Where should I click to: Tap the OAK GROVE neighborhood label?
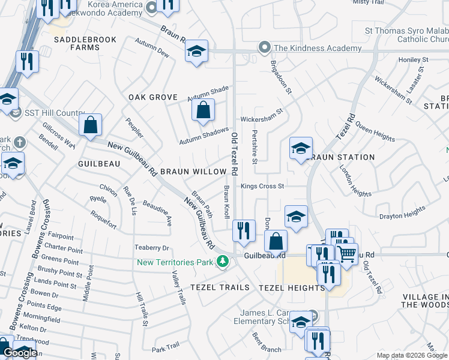tap(153, 97)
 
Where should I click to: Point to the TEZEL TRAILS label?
tap(220, 287)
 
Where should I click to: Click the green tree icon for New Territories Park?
tap(223, 262)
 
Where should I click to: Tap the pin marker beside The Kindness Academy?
tap(264, 47)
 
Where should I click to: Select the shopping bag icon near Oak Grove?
tap(203, 110)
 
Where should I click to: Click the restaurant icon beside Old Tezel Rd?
tap(243, 231)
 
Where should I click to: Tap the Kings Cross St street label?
tap(262, 187)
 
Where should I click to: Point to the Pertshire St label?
tap(255, 147)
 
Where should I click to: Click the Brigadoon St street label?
tap(280, 77)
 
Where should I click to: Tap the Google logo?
tap(20, 353)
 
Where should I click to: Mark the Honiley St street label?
tap(413, 60)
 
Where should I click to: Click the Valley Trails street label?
tap(178, 287)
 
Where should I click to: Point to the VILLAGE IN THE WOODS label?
tap(425, 301)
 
